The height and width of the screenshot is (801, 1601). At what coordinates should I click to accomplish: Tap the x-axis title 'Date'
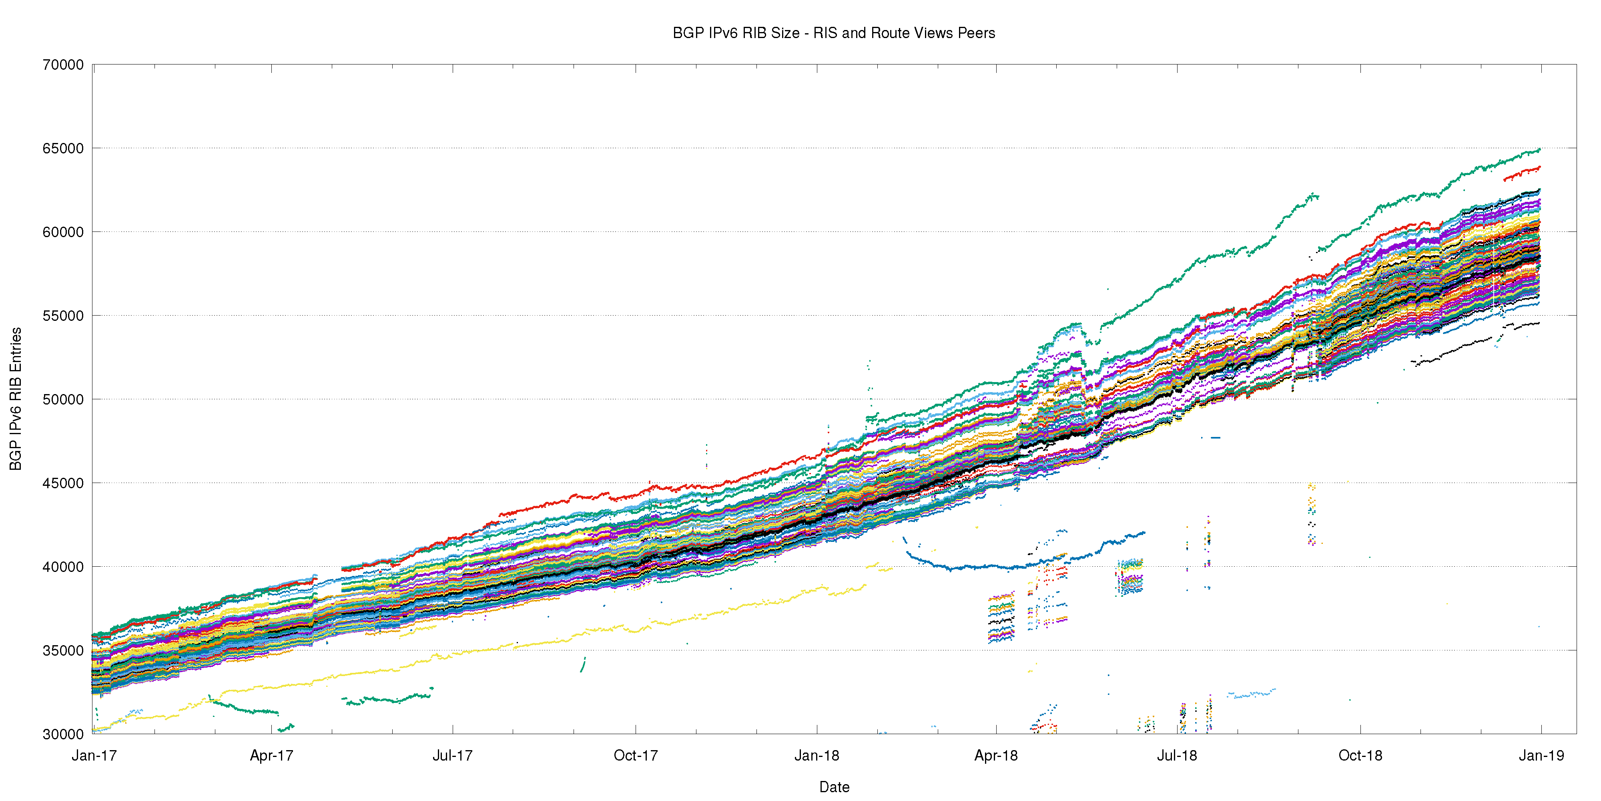pyautogui.click(x=834, y=787)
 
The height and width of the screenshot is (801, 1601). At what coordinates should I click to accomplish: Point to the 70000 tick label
pyautogui.click(x=63, y=64)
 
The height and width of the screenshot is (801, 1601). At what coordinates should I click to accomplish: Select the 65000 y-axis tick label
pyautogui.click(x=63, y=148)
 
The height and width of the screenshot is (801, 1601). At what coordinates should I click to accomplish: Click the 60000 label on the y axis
pyautogui.click(x=63, y=232)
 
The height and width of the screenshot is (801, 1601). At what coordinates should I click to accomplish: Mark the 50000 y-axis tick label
pyautogui.click(x=63, y=399)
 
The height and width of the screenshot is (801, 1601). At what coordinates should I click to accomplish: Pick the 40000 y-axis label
pyautogui.click(x=63, y=567)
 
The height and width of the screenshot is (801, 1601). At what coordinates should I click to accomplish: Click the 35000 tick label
pyautogui.click(x=63, y=650)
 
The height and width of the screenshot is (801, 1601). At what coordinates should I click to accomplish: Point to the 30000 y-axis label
pyautogui.click(x=63, y=734)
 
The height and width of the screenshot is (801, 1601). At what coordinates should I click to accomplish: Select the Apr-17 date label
pyautogui.click(x=272, y=756)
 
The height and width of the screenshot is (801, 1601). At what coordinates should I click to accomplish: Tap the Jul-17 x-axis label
pyautogui.click(x=452, y=756)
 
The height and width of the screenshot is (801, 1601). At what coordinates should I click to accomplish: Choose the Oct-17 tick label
pyautogui.click(x=635, y=756)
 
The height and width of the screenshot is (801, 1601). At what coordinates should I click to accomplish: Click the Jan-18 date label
pyautogui.click(x=817, y=756)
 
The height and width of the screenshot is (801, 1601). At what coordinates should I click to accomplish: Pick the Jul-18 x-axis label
pyautogui.click(x=1176, y=756)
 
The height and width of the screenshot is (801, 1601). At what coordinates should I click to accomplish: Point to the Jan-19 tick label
pyautogui.click(x=1541, y=756)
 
